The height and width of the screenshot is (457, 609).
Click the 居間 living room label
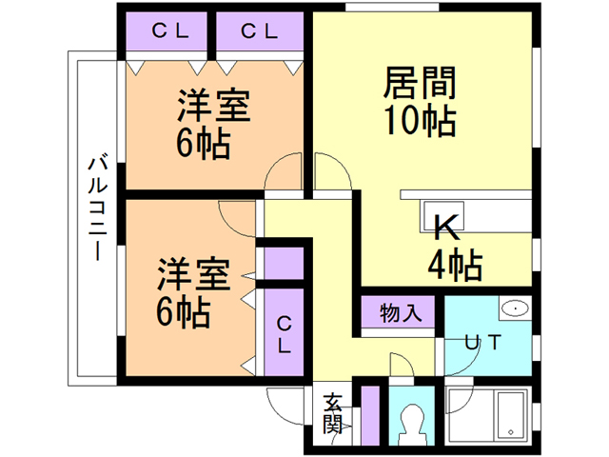point(420,83)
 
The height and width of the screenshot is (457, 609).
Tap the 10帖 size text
point(420,121)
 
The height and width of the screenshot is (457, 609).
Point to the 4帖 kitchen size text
point(454,265)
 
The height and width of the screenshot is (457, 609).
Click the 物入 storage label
point(398,312)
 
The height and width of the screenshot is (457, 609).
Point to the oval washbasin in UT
point(516,308)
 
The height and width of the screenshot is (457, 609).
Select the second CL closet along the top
point(258,30)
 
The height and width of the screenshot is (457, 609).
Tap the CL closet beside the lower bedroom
point(284,334)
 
